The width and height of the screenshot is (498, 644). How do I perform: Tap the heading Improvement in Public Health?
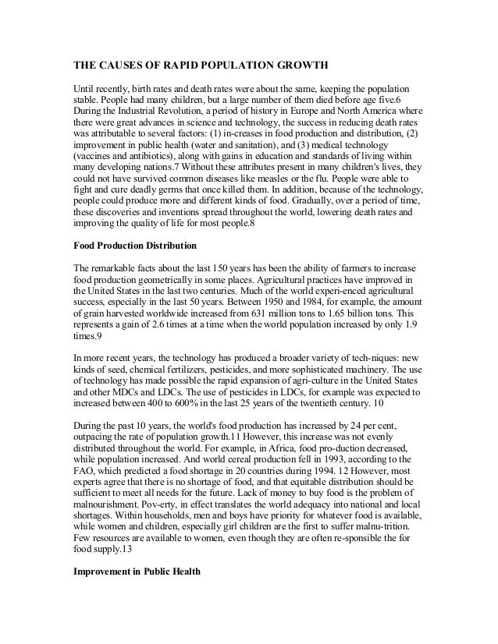(x=137, y=572)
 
